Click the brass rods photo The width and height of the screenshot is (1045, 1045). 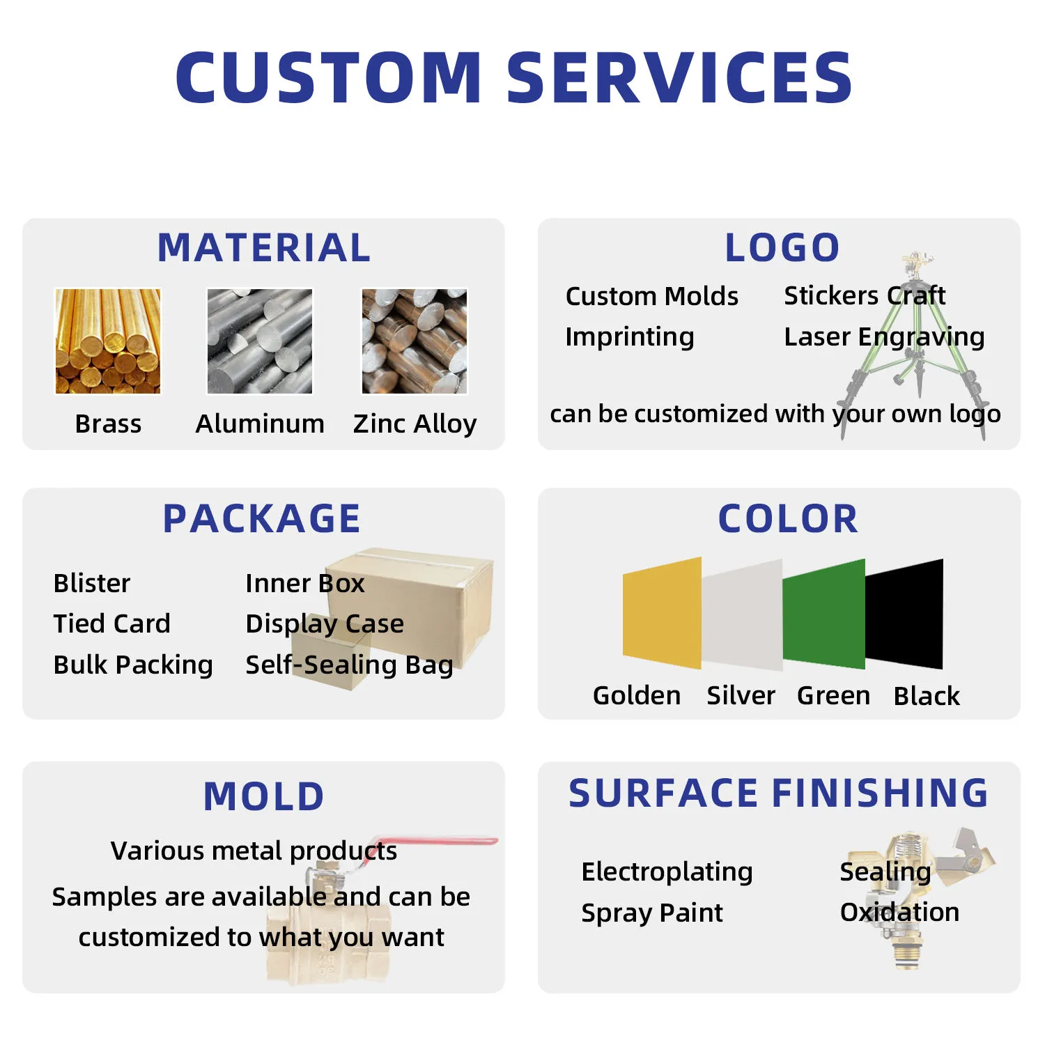pyautogui.click(x=108, y=341)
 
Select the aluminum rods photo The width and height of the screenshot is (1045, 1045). pyautogui.click(x=260, y=341)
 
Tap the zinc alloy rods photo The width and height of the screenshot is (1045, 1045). pyautogui.click(x=415, y=341)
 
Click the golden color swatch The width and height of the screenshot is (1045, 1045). pyautogui.click(x=662, y=613)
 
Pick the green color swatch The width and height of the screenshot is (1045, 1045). pyautogui.click(x=823, y=614)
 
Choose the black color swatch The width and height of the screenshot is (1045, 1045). pyautogui.click(x=904, y=614)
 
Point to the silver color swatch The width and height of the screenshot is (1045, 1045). pyautogui.click(x=742, y=614)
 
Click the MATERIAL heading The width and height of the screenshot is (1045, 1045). pyautogui.click(x=264, y=247)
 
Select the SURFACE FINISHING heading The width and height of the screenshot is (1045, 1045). pyautogui.click(x=778, y=793)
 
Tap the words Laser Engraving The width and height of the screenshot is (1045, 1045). pyautogui.click(x=884, y=337)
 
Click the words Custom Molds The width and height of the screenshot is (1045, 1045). pyautogui.click(x=651, y=296)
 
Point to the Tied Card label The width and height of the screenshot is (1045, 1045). pyautogui.click(x=111, y=624)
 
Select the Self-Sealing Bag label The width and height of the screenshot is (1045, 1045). pyautogui.click(x=349, y=665)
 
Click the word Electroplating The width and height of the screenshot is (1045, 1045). pyautogui.click(x=667, y=872)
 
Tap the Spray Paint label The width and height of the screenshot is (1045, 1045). pyautogui.click(x=652, y=913)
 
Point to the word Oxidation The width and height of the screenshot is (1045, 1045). pyautogui.click(x=899, y=912)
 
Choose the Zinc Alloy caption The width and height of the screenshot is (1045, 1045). pyautogui.click(x=415, y=424)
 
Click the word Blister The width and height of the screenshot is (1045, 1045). pyautogui.click(x=92, y=583)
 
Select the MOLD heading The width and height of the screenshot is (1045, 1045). pyautogui.click(x=264, y=796)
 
